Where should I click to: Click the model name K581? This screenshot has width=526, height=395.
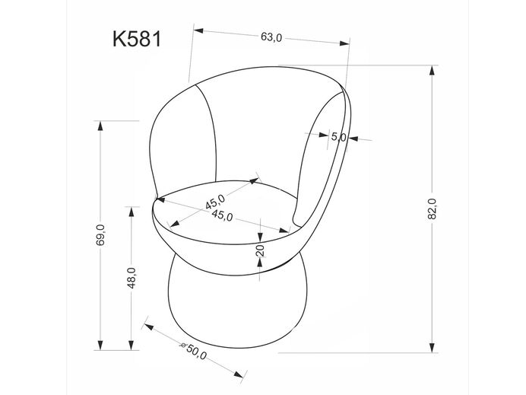click(x=136, y=40)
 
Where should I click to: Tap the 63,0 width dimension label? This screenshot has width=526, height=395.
click(x=271, y=37)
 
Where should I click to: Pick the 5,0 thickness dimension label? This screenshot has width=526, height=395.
click(x=338, y=138)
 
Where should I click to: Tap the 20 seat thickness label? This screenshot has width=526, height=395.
click(x=260, y=251)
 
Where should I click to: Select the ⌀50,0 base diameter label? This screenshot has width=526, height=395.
click(x=194, y=352)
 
